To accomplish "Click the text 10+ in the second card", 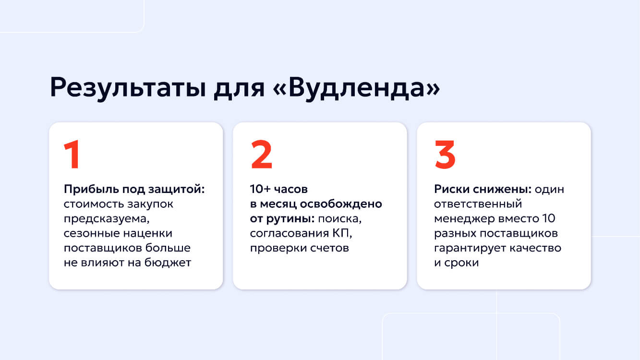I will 260,189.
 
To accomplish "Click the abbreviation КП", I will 338,233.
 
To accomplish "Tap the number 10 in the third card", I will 548,219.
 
